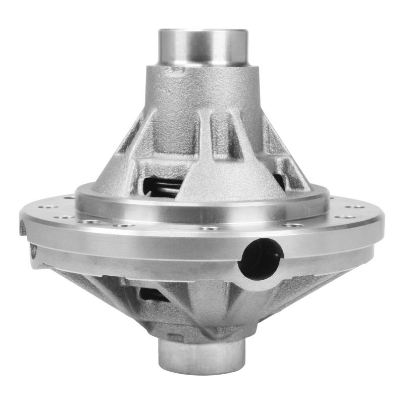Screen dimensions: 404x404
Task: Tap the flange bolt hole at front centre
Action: click(209, 228)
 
